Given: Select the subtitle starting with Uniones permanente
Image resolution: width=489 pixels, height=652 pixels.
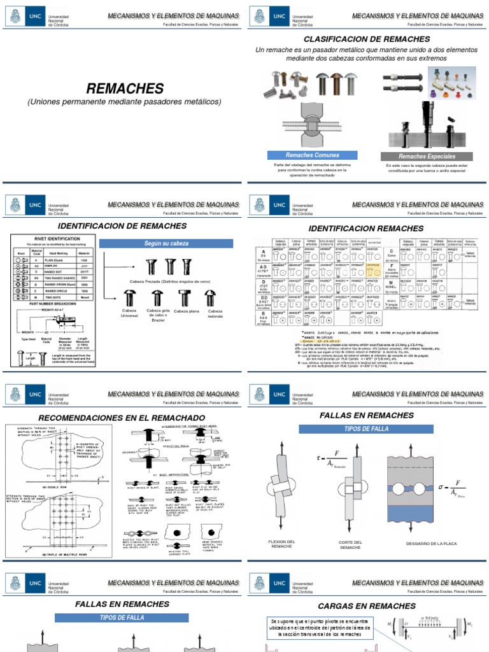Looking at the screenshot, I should pyautogui.click(x=124, y=102).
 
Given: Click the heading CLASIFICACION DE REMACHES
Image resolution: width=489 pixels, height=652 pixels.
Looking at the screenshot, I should pyautogui.click(x=369, y=39).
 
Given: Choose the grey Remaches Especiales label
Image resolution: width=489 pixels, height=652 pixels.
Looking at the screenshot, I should pyautogui.click(x=427, y=156).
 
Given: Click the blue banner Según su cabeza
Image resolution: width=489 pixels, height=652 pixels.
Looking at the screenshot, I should pyautogui.click(x=166, y=243).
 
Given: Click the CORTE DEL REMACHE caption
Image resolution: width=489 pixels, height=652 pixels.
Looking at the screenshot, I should pyautogui.click(x=350, y=544).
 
